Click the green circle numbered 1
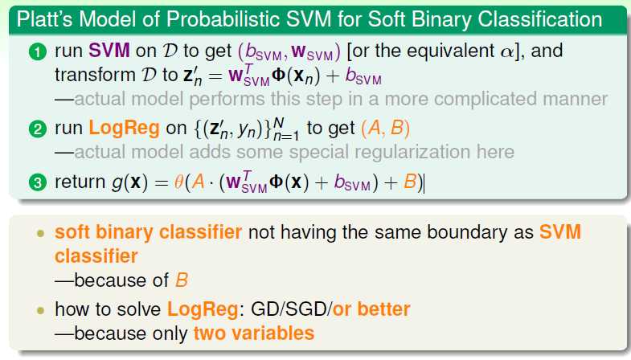(x=38, y=53)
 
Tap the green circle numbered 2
(x=38, y=129)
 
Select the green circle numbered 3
(x=38, y=182)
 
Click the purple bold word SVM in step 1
(x=109, y=51)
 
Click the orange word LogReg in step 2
(x=124, y=129)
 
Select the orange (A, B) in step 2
(x=385, y=129)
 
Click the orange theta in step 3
(x=178, y=182)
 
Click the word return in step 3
(x=80, y=182)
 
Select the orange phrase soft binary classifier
(x=148, y=232)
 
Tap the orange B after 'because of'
(x=182, y=280)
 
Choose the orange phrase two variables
(x=253, y=333)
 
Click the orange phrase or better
(x=371, y=309)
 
